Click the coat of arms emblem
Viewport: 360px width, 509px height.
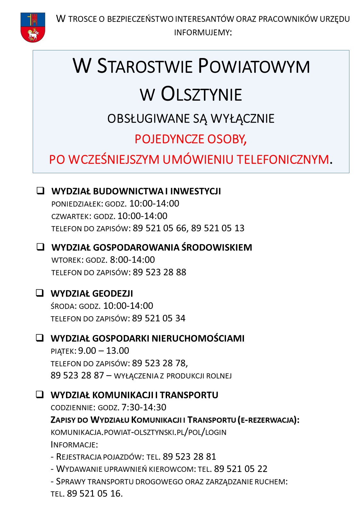33,28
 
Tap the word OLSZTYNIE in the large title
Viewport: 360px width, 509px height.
201,94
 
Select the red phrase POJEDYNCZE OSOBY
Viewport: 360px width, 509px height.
190,139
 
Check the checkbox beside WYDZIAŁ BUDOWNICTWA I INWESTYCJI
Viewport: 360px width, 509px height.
40,191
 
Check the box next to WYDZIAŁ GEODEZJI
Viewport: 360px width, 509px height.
40,293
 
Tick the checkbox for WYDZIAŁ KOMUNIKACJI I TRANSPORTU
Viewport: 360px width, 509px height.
40,394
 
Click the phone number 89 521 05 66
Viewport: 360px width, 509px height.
159,228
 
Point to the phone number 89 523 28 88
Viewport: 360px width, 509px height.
159,272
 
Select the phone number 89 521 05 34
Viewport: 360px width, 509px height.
159,318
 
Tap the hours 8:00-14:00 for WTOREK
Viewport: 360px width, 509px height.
132,260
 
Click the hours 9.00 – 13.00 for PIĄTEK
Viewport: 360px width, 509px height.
104,351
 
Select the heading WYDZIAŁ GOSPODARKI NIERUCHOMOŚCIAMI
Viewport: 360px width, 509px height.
147,338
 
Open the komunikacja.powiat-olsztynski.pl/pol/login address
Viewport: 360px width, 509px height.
138,432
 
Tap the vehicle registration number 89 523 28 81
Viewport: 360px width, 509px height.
189,457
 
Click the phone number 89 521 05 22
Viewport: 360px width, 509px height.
240,469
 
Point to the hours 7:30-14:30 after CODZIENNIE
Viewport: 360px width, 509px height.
144,407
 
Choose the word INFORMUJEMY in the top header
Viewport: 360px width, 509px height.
202,32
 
